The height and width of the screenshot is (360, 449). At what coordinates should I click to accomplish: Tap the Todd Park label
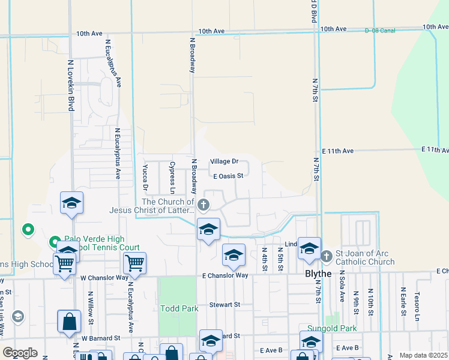pos(179,308)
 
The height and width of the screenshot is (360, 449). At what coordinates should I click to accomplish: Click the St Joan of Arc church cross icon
pos(327,256)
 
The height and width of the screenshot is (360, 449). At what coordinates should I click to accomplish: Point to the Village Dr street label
pos(224,162)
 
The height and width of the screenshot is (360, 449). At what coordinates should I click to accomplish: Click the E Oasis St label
pos(228,176)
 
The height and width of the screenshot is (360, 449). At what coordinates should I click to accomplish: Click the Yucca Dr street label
pos(145,176)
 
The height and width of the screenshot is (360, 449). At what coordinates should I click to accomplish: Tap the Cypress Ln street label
pos(172,174)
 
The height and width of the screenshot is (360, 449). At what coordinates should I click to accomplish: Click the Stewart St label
pos(224,305)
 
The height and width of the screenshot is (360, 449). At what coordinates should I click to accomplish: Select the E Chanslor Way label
pos(225,275)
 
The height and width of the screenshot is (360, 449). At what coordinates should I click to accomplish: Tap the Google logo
pos(20,352)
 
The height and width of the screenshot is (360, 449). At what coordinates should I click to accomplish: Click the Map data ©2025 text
pos(423,355)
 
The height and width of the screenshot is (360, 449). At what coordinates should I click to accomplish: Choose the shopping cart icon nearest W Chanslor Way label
pos(135,263)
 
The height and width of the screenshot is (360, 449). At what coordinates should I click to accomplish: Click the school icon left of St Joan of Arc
pos(309,248)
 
